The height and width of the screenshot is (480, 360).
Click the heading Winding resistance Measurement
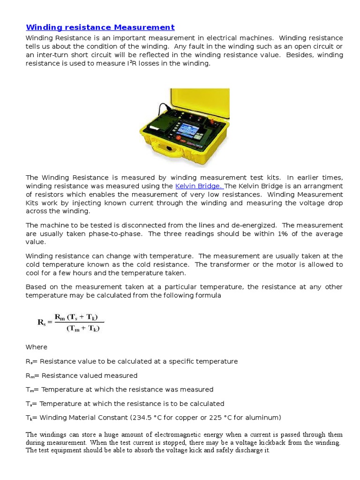(100, 27)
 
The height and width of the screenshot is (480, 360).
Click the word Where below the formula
(36, 347)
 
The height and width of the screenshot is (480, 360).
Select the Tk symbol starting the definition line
(29, 418)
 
